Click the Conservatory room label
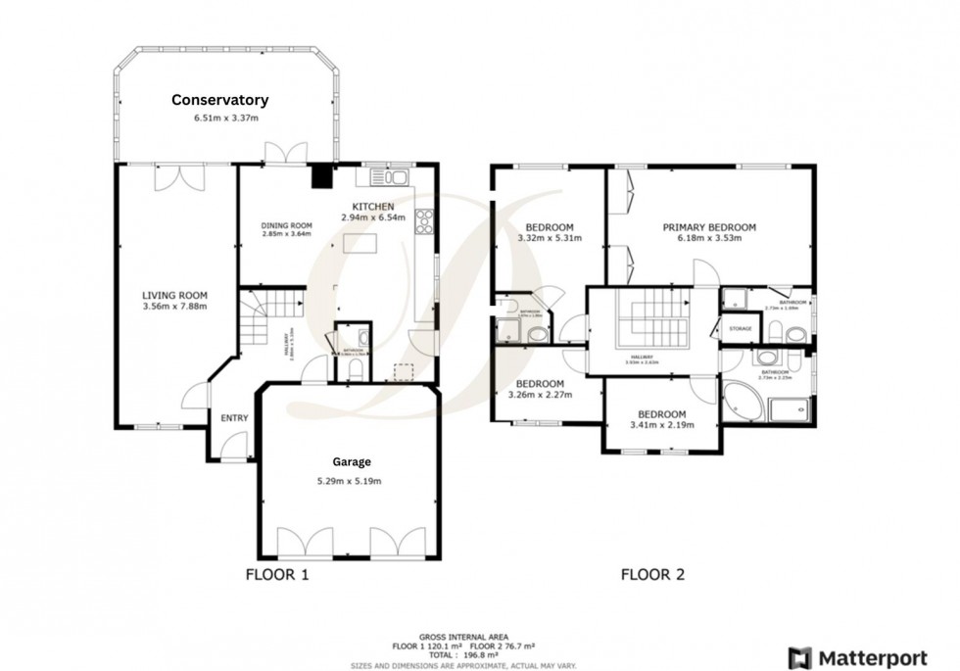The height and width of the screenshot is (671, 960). point(219,100)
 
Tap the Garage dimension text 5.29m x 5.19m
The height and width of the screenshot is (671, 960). point(348,481)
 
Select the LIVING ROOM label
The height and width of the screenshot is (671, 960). point(174,295)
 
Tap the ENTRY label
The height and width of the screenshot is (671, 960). point(234,418)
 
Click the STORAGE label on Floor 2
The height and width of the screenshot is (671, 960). point(740,328)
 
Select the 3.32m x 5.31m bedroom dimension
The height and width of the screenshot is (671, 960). point(549,237)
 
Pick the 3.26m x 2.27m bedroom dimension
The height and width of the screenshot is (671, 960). point(539,395)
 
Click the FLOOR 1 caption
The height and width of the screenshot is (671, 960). point(276,575)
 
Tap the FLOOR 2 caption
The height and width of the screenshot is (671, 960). point(653,575)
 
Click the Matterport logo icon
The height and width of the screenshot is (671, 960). point(799,656)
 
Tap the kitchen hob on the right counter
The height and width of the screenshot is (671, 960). point(424,223)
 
